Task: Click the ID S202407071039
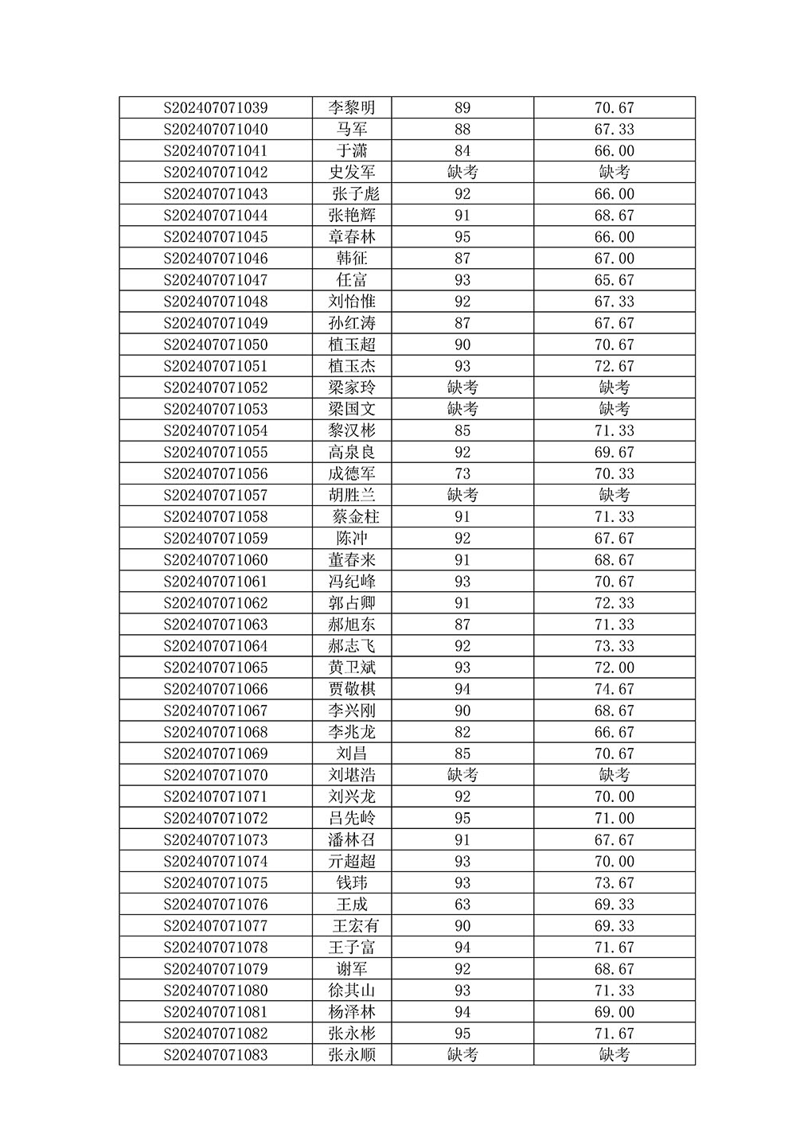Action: point(216,108)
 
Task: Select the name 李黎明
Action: point(352,108)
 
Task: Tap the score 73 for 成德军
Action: point(462,474)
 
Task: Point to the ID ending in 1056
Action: point(216,474)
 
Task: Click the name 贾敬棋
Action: point(352,689)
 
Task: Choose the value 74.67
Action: point(615,689)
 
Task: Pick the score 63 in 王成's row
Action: point(462,905)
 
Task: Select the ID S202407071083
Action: point(216,1055)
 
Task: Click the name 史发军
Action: point(352,173)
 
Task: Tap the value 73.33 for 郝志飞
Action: point(615,646)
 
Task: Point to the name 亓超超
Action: point(352,862)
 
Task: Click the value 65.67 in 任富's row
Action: point(615,280)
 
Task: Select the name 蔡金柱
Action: point(355,517)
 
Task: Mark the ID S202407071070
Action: point(216,775)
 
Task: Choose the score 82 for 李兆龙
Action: point(462,732)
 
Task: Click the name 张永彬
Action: point(352,1034)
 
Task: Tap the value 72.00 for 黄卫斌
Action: point(615,668)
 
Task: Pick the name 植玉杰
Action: point(352,366)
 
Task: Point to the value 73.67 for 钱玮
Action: point(615,883)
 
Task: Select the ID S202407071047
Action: point(216,280)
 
